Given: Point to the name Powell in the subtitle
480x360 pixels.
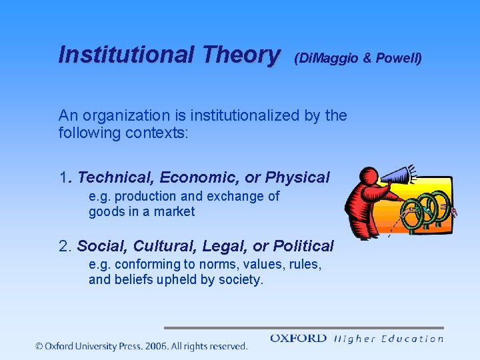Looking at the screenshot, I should pos(397,59).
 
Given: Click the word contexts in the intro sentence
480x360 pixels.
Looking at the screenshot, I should pos(162,132).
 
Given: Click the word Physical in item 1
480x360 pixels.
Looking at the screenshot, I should pos(297,177).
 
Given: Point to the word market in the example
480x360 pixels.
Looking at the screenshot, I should pos(175,212).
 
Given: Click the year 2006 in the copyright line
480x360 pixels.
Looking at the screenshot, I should pos(155,346).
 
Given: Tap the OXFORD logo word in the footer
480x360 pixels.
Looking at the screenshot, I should pos(298,339).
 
